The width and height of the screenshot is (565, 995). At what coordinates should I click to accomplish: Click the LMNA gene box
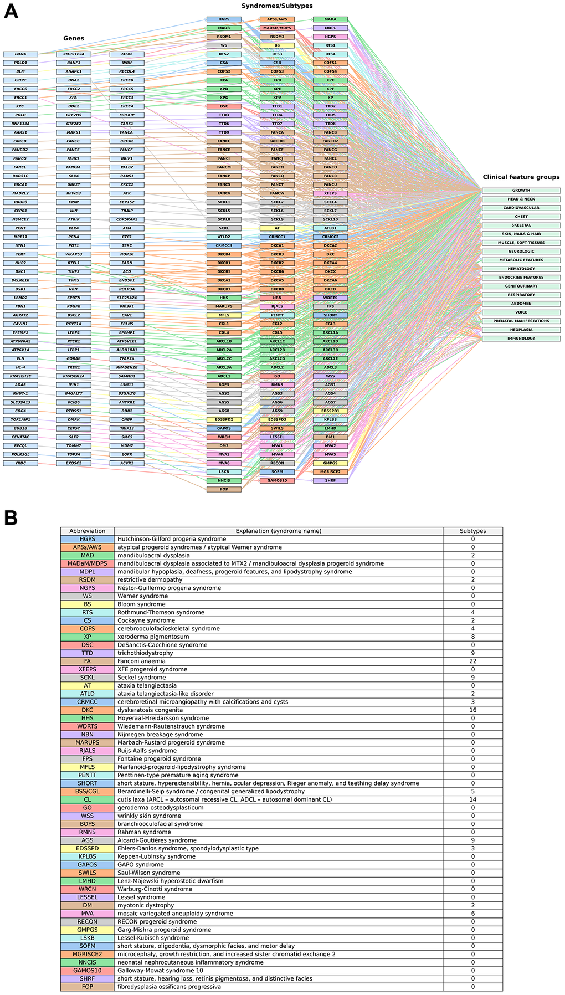pos(20,54)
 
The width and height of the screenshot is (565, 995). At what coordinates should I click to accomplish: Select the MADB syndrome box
pos(224,28)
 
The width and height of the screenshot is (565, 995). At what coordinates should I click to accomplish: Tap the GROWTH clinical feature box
pos(521,191)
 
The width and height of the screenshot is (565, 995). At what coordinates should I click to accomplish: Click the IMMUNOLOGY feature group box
pos(521,338)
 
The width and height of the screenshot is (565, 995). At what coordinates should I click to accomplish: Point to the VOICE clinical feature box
pos(521,312)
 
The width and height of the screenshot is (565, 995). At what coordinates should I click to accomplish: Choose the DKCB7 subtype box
pos(224,289)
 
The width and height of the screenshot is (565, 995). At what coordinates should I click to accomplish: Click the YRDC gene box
pos(20,463)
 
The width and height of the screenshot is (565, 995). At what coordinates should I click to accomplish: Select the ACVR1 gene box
pos(127,463)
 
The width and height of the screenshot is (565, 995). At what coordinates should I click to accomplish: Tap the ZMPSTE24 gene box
pos(74,54)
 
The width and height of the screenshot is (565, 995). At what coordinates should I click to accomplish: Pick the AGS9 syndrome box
pos(277,411)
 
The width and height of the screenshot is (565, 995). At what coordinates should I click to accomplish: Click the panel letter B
pos(11,517)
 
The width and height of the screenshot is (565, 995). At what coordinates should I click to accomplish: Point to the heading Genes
pos(74,38)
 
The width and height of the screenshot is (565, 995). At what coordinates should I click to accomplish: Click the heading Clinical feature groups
pos(521,177)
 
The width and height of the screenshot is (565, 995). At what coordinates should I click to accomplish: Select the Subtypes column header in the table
pos(472,531)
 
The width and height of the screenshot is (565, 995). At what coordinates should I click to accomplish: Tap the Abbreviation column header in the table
pos(87,531)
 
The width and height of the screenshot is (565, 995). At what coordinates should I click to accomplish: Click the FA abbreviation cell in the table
pos(87,661)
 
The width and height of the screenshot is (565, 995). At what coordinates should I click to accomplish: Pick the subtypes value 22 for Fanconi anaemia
pos(472,661)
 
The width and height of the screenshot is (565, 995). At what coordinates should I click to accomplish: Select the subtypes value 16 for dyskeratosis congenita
pos(472,710)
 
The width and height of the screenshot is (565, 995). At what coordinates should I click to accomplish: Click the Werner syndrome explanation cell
pos(278,596)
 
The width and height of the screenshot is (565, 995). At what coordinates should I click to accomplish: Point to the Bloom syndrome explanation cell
pos(278,604)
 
